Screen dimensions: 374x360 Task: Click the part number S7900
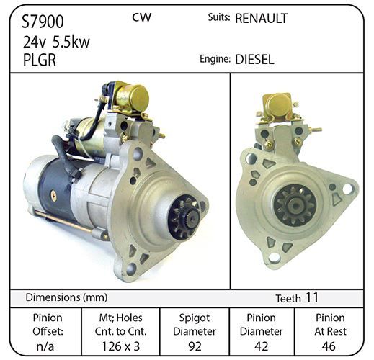(x=43, y=22)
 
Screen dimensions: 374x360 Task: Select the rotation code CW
(x=142, y=17)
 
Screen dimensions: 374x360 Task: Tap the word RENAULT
(x=262, y=19)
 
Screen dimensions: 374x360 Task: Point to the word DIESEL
(x=254, y=59)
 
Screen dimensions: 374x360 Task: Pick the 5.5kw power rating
(x=71, y=42)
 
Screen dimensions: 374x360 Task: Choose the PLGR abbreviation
(x=40, y=60)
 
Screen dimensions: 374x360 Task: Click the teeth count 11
(x=312, y=297)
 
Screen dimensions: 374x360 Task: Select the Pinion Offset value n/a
(x=45, y=346)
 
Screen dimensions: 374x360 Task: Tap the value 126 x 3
(x=120, y=346)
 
